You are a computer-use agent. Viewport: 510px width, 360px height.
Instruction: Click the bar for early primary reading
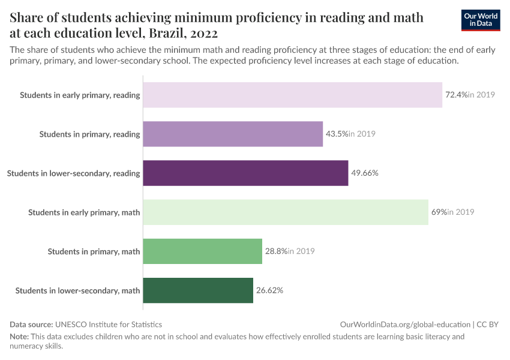click(293, 95)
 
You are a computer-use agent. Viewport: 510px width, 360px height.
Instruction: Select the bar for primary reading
click(233, 134)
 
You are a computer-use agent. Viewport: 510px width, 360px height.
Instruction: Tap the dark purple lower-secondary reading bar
click(245, 173)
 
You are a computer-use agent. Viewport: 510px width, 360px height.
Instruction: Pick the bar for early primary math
click(286, 212)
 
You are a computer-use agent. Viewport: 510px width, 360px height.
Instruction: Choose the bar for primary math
click(203, 251)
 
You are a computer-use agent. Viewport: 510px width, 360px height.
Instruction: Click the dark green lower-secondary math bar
click(198, 290)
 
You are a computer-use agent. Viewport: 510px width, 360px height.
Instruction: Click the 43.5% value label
click(337, 134)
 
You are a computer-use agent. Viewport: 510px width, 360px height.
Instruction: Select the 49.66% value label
click(365, 173)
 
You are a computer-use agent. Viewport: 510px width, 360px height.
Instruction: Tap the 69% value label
click(439, 212)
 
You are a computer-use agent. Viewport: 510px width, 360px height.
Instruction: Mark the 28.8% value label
click(276, 251)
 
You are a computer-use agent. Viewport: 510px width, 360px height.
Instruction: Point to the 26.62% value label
click(269, 290)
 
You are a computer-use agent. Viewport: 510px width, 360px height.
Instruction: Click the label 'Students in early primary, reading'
click(80, 95)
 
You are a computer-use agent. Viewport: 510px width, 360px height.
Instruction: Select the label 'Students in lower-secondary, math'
click(77, 290)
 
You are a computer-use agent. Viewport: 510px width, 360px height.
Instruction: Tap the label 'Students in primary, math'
click(94, 251)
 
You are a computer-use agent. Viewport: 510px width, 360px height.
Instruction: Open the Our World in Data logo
click(481, 20)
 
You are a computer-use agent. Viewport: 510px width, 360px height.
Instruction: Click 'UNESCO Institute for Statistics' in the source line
click(109, 324)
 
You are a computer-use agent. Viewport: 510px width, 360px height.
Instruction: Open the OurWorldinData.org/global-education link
click(405, 324)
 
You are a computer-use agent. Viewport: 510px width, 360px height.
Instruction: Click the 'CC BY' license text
click(488, 324)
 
